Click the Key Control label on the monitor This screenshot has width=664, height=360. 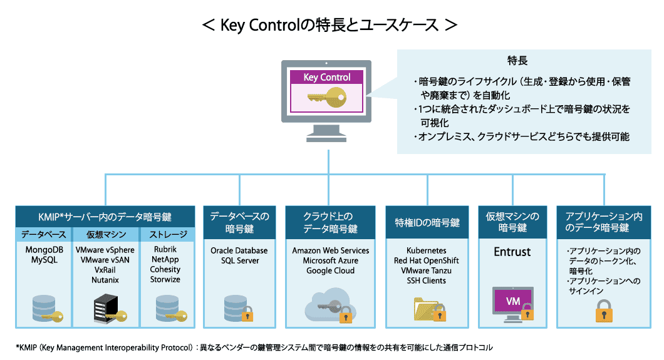(326, 78)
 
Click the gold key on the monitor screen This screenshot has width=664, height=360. (326, 98)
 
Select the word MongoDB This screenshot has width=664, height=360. (44, 250)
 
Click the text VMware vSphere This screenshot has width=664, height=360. (105, 250)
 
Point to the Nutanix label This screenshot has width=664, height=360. (105, 280)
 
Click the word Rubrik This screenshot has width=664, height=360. (165, 250)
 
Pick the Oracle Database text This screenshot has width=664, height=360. (239, 250)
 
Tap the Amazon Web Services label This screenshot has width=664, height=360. (330, 250)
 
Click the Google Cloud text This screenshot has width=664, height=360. (330, 270)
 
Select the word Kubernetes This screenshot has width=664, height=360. (426, 250)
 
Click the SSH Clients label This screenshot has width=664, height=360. (426, 280)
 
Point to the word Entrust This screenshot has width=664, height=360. (512, 252)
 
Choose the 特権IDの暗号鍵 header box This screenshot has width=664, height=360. (427, 223)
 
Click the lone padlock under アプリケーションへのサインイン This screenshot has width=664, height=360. (603, 309)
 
